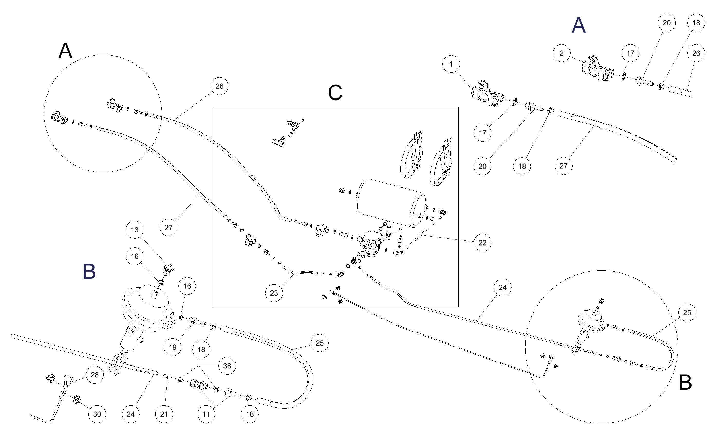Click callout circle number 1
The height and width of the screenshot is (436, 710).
pyautogui.click(x=451, y=64)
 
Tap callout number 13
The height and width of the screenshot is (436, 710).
pyautogui.click(x=135, y=230)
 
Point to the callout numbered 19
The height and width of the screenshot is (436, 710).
pyautogui.click(x=173, y=347)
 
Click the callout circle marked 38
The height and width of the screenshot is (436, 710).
pyautogui.click(x=227, y=366)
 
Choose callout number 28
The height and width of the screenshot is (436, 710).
pyautogui.click(x=95, y=375)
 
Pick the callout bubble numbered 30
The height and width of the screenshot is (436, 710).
pyautogui.click(x=97, y=414)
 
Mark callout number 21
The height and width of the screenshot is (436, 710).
pyautogui.click(x=164, y=414)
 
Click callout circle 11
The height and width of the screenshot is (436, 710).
pyautogui.click(x=206, y=414)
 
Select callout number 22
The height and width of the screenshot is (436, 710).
pyautogui.click(x=482, y=243)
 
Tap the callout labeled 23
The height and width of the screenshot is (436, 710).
pyautogui.click(x=274, y=293)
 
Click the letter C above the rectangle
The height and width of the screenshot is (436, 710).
pyautogui.click(x=335, y=93)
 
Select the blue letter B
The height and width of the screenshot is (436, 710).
pyautogui.click(x=89, y=272)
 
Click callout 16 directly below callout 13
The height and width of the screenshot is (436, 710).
pyautogui.click(x=135, y=256)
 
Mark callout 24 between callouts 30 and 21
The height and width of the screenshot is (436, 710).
pyautogui.click(x=130, y=414)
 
